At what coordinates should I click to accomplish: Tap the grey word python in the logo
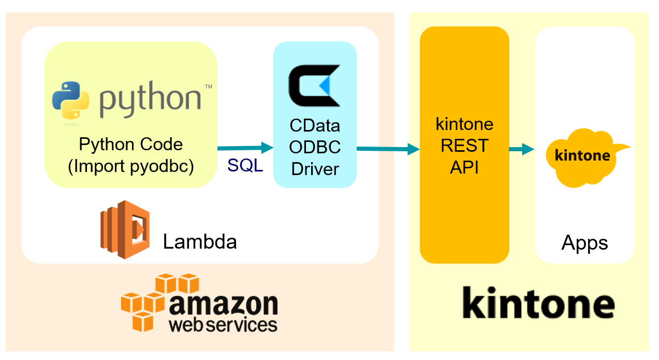[150, 101]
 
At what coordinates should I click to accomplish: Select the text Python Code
[130, 144]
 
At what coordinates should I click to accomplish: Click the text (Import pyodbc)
[130, 167]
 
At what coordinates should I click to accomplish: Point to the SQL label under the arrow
[245, 166]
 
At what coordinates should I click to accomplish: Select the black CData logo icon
[314, 85]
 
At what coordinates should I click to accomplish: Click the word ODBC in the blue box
[315, 147]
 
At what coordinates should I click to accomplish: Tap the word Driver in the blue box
[315, 169]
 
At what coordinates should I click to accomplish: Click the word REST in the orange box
[464, 146]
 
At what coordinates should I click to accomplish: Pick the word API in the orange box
[464, 167]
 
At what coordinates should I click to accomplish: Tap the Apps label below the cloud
[584, 242]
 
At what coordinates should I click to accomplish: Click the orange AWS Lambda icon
[125, 229]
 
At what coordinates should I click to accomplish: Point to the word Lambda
[200, 241]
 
